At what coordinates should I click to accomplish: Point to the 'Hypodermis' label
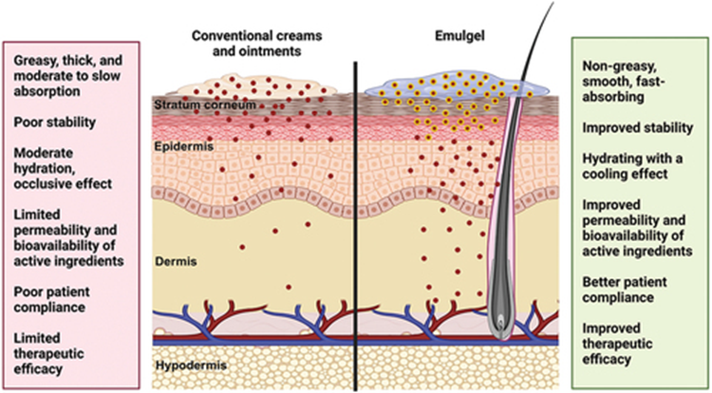[x=189, y=365]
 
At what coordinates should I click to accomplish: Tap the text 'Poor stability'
[x=57, y=123]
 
